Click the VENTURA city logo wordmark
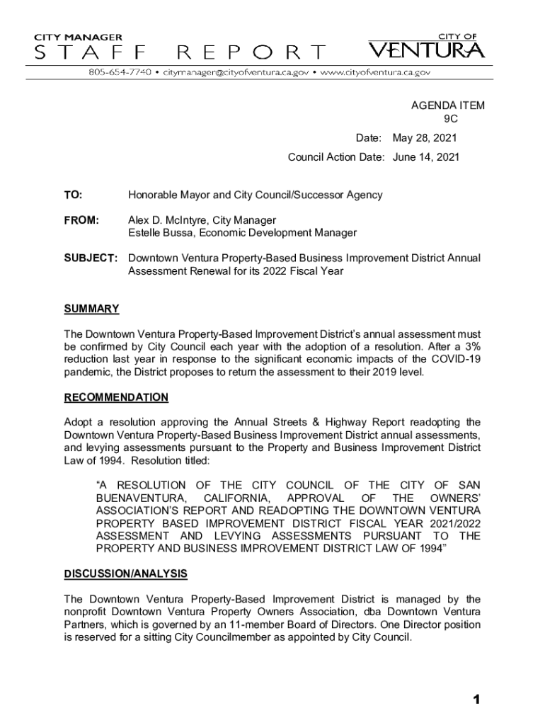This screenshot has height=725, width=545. click(426, 51)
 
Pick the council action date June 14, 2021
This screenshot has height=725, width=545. click(426, 157)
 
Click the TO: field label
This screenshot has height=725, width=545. click(73, 195)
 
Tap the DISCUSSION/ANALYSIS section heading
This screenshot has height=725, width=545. click(125, 573)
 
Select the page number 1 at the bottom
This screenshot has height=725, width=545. click(477, 700)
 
